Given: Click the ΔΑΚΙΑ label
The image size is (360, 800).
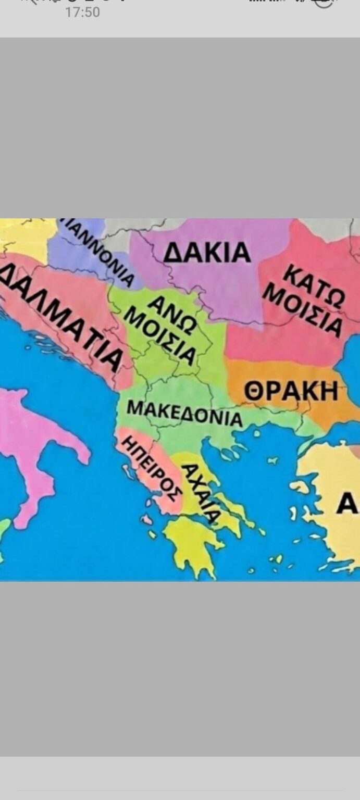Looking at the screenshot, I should [x=207, y=253].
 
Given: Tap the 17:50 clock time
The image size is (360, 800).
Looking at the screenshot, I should [x=82, y=12].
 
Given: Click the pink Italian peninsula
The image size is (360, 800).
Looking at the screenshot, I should [x=31, y=448].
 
